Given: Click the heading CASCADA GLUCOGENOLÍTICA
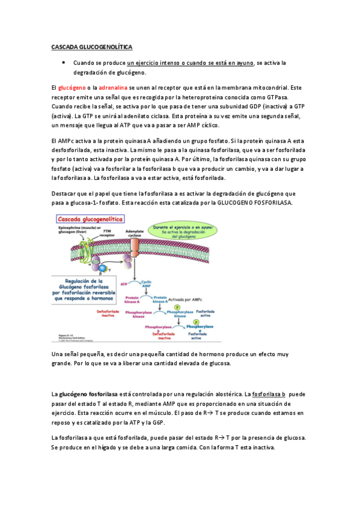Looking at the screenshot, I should tap(91, 46).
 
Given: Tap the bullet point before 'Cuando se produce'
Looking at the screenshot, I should tap(63, 63).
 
